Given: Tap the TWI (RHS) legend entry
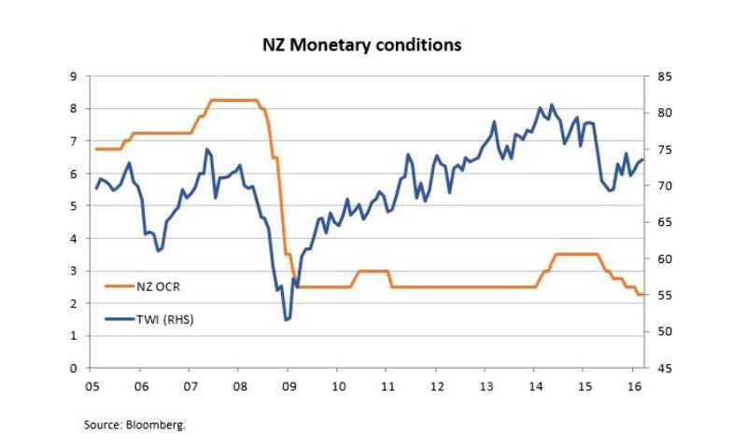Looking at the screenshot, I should pyautogui.click(x=166, y=318).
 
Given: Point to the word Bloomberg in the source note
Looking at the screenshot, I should pyautogui.click(x=162, y=424).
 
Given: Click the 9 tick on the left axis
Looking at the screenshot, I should pyautogui.click(x=73, y=76).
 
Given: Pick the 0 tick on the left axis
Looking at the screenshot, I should pyautogui.click(x=73, y=369).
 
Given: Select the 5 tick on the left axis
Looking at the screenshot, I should pyautogui.click(x=73, y=206).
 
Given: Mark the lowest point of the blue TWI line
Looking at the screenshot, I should pyautogui.click(x=286, y=320).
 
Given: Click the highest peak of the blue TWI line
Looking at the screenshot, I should pyautogui.click(x=552, y=105).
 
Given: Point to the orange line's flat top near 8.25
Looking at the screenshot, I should pyautogui.click(x=233, y=100).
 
